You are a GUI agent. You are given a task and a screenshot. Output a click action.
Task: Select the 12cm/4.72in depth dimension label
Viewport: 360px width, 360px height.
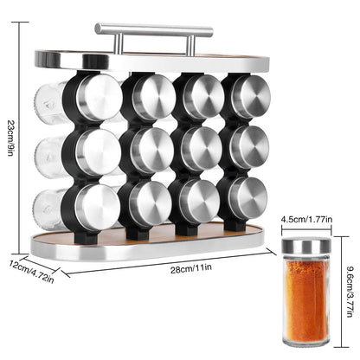click(32, 270)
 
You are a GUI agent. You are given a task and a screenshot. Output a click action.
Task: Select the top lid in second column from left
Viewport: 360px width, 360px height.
click(152, 96)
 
